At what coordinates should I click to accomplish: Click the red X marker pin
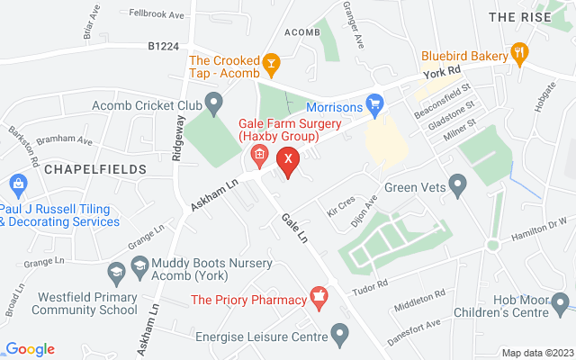pyautogui.click(x=287, y=160)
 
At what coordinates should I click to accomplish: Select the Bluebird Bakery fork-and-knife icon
pyautogui.click(x=519, y=54)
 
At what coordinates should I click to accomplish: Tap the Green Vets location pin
pyautogui.click(x=457, y=187)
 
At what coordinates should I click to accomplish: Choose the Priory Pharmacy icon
pyautogui.click(x=317, y=296)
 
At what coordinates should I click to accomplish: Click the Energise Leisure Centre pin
pyautogui.click(x=339, y=337)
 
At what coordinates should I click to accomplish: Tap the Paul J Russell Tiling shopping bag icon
pyautogui.click(x=17, y=184)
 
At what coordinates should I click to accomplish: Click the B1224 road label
pyautogui.click(x=165, y=45)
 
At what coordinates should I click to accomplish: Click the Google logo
pyautogui.click(x=30, y=349)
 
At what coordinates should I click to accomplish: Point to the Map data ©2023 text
pyautogui.click(x=536, y=353)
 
